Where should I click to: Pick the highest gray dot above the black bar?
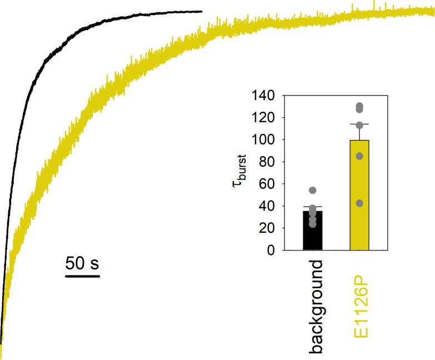[312, 191]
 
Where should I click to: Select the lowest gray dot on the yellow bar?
[359, 203]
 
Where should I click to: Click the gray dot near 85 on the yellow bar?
[359, 156]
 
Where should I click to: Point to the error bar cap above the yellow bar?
[359, 124]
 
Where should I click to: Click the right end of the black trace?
[201, 11]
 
